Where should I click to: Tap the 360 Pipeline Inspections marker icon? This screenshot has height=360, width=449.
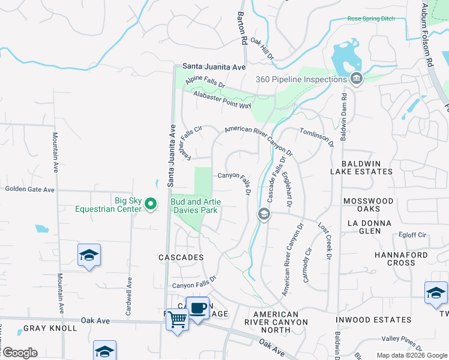pos(356,79)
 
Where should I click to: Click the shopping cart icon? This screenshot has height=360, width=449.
pos(177,320)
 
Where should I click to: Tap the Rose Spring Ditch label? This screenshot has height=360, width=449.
pos(371,19)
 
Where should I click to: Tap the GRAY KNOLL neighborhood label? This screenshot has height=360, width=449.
pos(50,328)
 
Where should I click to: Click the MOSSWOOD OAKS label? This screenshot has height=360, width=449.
pos(367,205)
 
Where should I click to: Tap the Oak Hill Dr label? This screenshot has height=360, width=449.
pos(262,49)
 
